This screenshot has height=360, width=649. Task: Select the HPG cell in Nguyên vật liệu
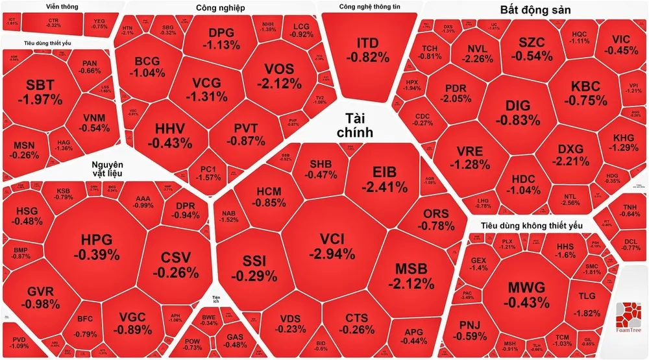(x=96, y=247)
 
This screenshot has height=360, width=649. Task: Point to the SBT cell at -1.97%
(x=40, y=92)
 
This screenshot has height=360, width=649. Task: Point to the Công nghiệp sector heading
(x=220, y=8)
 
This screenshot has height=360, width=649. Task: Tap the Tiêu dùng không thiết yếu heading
(x=531, y=225)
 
